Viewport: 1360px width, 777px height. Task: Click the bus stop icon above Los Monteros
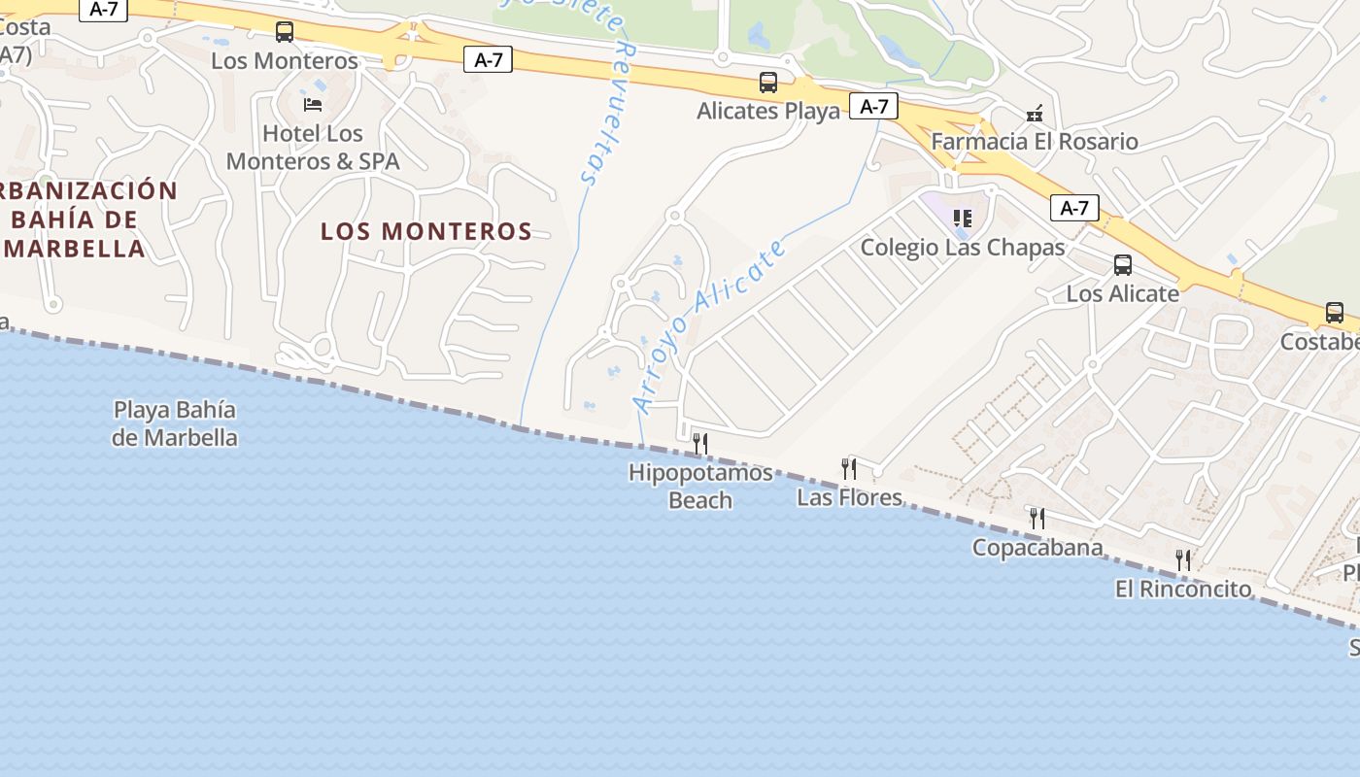(284, 32)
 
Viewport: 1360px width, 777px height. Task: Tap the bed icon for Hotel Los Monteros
(312, 104)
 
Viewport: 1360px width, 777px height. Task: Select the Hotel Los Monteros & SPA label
(313, 148)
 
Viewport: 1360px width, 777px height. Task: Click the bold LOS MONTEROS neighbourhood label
(426, 231)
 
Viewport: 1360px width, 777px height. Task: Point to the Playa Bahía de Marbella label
(175, 424)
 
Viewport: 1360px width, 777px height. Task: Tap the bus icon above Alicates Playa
(767, 83)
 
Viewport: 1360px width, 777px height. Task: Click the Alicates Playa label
(768, 111)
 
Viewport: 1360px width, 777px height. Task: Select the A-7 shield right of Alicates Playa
(873, 106)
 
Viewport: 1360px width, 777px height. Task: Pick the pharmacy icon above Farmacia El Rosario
(1035, 114)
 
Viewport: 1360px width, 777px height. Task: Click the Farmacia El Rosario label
(1035, 142)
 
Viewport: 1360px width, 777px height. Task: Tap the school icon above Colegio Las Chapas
(962, 219)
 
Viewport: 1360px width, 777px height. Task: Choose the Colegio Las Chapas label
(963, 248)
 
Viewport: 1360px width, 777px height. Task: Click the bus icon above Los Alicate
(1122, 265)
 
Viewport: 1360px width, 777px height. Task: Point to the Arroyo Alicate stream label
(708, 325)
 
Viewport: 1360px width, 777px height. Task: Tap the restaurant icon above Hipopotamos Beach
(699, 444)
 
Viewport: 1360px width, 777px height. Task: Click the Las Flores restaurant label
(849, 498)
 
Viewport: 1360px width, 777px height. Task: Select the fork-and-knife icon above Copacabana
(1037, 519)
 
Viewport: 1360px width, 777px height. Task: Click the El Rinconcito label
(1183, 589)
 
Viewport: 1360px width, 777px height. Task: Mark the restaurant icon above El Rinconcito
(1183, 560)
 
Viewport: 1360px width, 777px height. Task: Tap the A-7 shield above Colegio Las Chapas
(1074, 207)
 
